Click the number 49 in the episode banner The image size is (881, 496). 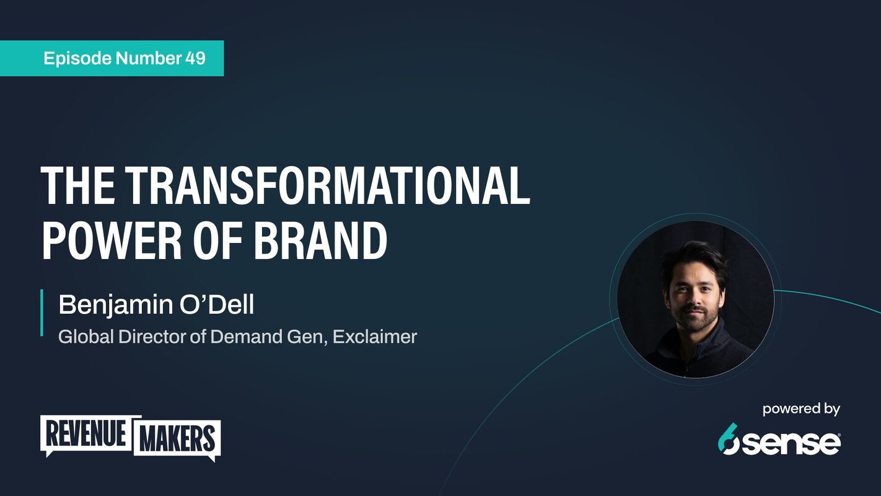195,59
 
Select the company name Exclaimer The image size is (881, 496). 374,337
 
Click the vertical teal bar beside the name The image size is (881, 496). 42,312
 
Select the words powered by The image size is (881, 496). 800,409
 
